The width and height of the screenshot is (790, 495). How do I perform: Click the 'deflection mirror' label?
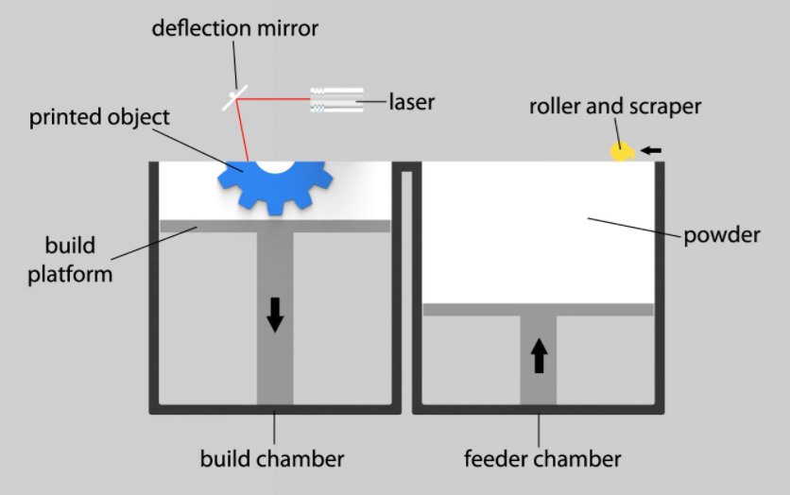point(235,27)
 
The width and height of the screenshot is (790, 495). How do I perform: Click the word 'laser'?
point(411,101)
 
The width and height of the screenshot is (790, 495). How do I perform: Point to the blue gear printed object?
point(274,186)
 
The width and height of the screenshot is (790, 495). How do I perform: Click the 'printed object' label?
point(99,118)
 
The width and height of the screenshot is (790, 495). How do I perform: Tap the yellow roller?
point(621,151)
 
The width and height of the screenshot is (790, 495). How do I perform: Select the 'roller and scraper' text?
point(614,106)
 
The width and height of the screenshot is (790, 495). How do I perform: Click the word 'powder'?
point(723,234)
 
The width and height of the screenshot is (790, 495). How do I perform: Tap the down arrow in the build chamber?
point(275,314)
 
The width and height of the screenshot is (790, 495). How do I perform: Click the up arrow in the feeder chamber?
point(539,355)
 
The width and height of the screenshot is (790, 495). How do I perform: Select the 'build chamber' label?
point(272,460)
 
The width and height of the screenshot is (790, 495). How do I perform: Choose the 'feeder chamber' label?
point(542,460)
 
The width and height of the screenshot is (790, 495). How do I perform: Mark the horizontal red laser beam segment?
point(279,95)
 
